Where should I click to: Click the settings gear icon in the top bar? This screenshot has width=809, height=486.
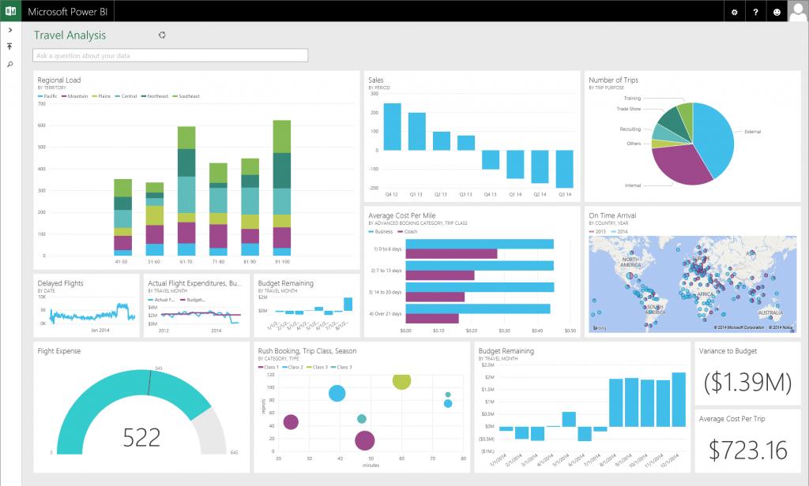[735, 12]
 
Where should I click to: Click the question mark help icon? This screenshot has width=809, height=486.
[755, 12]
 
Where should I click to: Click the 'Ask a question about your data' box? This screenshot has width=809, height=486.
[170, 56]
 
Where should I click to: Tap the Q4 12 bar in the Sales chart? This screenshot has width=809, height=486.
[393, 126]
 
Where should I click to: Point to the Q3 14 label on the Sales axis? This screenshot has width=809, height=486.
[564, 194]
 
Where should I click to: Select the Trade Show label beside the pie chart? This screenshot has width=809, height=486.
[628, 109]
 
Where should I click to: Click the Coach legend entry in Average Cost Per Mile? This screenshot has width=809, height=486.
[410, 232]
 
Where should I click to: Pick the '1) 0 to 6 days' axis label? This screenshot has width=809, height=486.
[387, 249]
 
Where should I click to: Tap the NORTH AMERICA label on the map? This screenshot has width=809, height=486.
[630, 262]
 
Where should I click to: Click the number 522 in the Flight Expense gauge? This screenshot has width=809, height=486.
[142, 436]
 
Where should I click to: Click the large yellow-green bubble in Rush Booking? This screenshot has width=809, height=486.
[402, 380]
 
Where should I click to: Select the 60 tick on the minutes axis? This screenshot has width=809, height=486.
[401, 458]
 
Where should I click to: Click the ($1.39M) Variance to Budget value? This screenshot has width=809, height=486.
[747, 382]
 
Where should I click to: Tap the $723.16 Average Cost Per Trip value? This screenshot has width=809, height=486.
[747, 450]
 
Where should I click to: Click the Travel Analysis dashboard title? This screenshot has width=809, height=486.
[70, 36]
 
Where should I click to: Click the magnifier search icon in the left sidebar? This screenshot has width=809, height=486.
[9, 64]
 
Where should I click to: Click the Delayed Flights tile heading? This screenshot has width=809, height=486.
[60, 283]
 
